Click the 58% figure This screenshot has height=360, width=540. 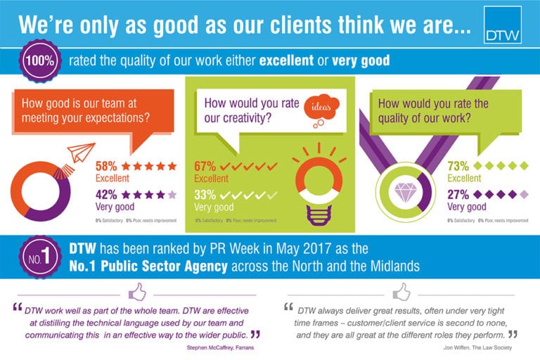coord(106,166)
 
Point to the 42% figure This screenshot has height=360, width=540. coord(107,193)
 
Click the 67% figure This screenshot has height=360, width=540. coord(205,166)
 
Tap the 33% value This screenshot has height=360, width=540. coord(205,193)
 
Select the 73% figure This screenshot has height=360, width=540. coord(459,166)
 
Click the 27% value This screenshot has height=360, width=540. coord(459,193)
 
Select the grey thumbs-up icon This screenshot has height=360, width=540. coord(401,290)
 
